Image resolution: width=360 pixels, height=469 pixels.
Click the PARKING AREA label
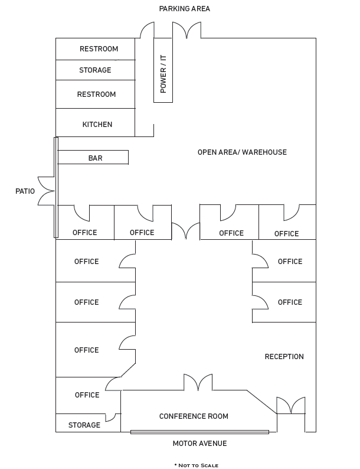(184, 9)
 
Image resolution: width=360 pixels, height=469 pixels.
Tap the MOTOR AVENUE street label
(199, 444)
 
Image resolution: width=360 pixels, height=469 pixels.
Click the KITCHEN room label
(97, 125)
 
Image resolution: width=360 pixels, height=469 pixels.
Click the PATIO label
(25, 191)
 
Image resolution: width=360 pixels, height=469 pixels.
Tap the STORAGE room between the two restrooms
(95, 70)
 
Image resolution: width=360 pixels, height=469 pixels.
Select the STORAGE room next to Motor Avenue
(84, 425)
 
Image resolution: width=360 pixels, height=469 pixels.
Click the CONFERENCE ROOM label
(194, 416)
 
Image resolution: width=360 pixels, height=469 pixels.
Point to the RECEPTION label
(284, 357)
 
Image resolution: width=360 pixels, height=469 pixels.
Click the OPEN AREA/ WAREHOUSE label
(242, 152)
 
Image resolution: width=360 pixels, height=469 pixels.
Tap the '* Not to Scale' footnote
(196, 465)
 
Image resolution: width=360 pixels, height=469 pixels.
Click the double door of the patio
(47, 191)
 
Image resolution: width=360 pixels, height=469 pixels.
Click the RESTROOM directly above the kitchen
(96, 95)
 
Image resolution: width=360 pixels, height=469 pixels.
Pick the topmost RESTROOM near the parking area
(99, 49)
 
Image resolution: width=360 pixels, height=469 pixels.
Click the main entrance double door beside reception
(291, 406)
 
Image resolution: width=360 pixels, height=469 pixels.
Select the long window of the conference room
(199, 432)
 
